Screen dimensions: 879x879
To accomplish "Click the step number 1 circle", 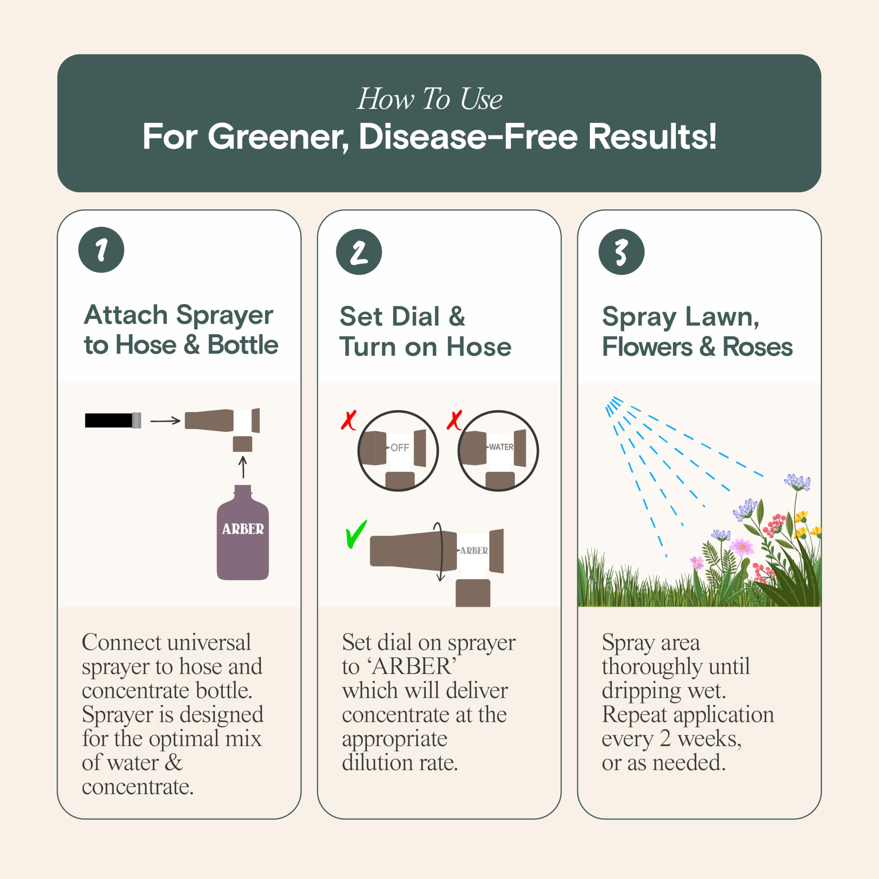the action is (101, 250).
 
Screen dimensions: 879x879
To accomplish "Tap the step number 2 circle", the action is (359, 252).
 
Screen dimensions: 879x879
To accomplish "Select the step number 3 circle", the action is (621, 252).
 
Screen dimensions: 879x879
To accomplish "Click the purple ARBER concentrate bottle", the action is (242, 532).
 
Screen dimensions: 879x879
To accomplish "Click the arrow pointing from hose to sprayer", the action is (165, 421).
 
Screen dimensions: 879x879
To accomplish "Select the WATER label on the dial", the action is (501, 447).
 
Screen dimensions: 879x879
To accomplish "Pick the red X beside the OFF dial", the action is (349, 420).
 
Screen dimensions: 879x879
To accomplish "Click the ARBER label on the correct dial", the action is (473, 550).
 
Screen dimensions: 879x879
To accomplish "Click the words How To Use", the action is (430, 99).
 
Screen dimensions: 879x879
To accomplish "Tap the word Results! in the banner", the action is (652, 137).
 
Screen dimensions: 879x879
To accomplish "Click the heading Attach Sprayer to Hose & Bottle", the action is (181, 330).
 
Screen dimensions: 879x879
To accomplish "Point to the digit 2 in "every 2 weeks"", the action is (665, 739).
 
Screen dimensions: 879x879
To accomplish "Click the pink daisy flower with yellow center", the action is (742, 546).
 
